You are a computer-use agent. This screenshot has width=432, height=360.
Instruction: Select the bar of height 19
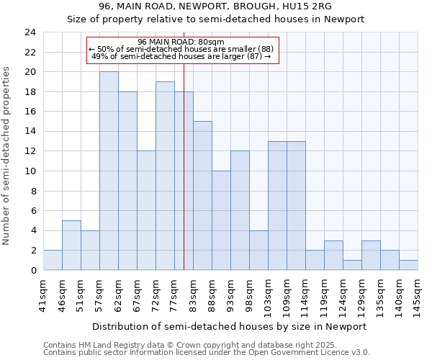click(165, 176)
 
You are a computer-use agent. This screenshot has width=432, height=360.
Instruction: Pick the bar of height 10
click(221, 220)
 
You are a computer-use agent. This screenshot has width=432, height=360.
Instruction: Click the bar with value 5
click(71, 245)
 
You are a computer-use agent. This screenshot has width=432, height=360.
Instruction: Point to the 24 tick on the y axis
click(30, 32)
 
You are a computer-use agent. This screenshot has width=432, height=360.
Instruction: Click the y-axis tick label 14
click(30, 132)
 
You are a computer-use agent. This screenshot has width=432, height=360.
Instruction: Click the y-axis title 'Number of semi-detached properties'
click(7, 156)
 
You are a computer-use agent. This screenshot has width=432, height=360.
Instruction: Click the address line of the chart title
click(216, 6)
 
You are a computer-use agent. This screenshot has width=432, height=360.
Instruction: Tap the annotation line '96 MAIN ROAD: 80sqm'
click(181, 42)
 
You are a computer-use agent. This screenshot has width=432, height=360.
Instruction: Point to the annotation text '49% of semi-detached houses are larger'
click(181, 56)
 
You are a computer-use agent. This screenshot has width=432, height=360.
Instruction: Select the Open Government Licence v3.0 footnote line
click(207, 352)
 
